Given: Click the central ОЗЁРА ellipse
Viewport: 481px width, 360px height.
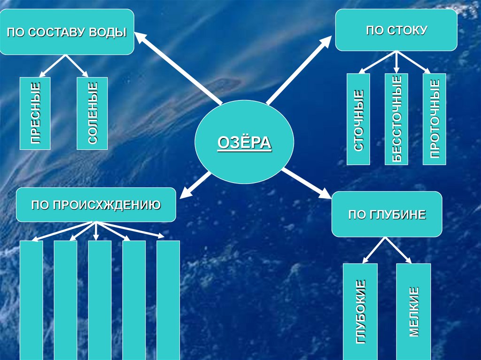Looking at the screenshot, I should coord(244,142).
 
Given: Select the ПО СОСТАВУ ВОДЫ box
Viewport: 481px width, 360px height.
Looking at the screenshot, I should coord(67,32).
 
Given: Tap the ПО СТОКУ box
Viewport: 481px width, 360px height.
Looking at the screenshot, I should coord(396,30).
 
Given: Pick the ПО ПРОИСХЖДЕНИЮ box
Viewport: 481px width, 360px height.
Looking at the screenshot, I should coord(96,205).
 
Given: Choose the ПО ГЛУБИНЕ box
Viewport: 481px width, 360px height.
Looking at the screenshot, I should coord(387,214).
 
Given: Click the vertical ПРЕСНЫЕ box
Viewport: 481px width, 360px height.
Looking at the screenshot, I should coord(35,113).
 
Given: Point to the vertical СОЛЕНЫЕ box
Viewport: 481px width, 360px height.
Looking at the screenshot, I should coord(92,113).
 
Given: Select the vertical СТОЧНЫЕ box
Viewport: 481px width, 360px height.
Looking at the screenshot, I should coord(358,119).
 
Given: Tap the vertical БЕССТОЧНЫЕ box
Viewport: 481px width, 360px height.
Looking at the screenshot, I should coord(396,119).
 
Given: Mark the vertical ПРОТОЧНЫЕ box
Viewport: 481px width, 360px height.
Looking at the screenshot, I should coord(434,119).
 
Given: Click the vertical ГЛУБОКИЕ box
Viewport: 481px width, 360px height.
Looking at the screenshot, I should coord(360,311).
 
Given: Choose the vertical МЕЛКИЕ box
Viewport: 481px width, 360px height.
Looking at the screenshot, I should coord(413,311).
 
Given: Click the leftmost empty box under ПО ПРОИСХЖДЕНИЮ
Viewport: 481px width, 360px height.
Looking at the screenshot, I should coord(31,300).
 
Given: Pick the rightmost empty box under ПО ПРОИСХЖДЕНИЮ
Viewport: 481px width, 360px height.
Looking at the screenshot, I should coord(168,300).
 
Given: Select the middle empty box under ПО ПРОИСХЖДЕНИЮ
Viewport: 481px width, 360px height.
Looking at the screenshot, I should coord(100,300).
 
